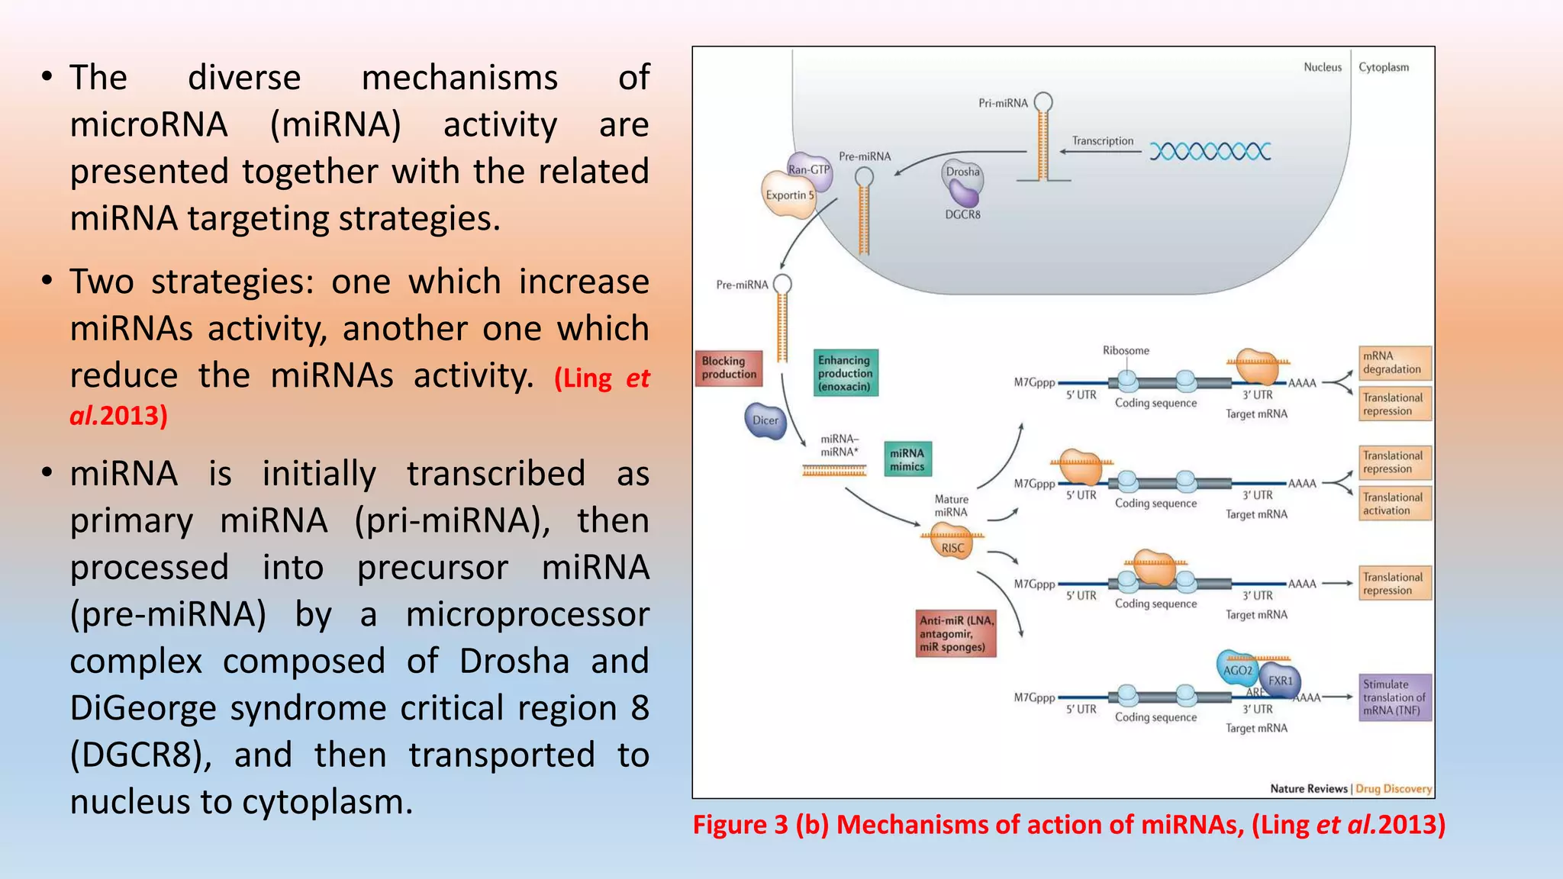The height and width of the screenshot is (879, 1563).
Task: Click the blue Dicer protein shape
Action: tap(765, 420)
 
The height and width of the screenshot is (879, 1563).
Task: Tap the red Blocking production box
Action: tap(729, 368)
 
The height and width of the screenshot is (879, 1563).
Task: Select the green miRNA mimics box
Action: tap(907, 459)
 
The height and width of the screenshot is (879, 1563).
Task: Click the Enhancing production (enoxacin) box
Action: tap(846, 373)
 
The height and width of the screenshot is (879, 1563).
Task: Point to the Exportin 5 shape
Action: tap(788, 195)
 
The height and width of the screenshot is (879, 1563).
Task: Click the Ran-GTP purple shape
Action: tap(809, 169)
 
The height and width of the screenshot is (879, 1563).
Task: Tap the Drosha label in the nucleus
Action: tap(962, 172)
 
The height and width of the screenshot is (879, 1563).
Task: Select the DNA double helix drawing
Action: tap(1210, 151)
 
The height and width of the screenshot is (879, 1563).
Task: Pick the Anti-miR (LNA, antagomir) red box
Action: tap(957, 633)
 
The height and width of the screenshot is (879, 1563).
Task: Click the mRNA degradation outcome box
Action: tap(1394, 363)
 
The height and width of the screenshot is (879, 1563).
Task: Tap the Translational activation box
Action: tap(1394, 504)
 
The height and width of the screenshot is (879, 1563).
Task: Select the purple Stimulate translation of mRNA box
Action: tap(1394, 697)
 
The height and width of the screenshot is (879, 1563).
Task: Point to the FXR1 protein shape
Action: tap(1281, 681)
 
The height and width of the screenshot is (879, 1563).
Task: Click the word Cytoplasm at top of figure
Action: tap(1383, 67)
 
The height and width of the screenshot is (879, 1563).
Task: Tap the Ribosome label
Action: tap(1125, 350)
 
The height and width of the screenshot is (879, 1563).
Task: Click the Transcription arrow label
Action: tap(1102, 141)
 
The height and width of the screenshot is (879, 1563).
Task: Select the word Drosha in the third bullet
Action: tap(514, 662)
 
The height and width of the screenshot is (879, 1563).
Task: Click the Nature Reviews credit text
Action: tap(1308, 788)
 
